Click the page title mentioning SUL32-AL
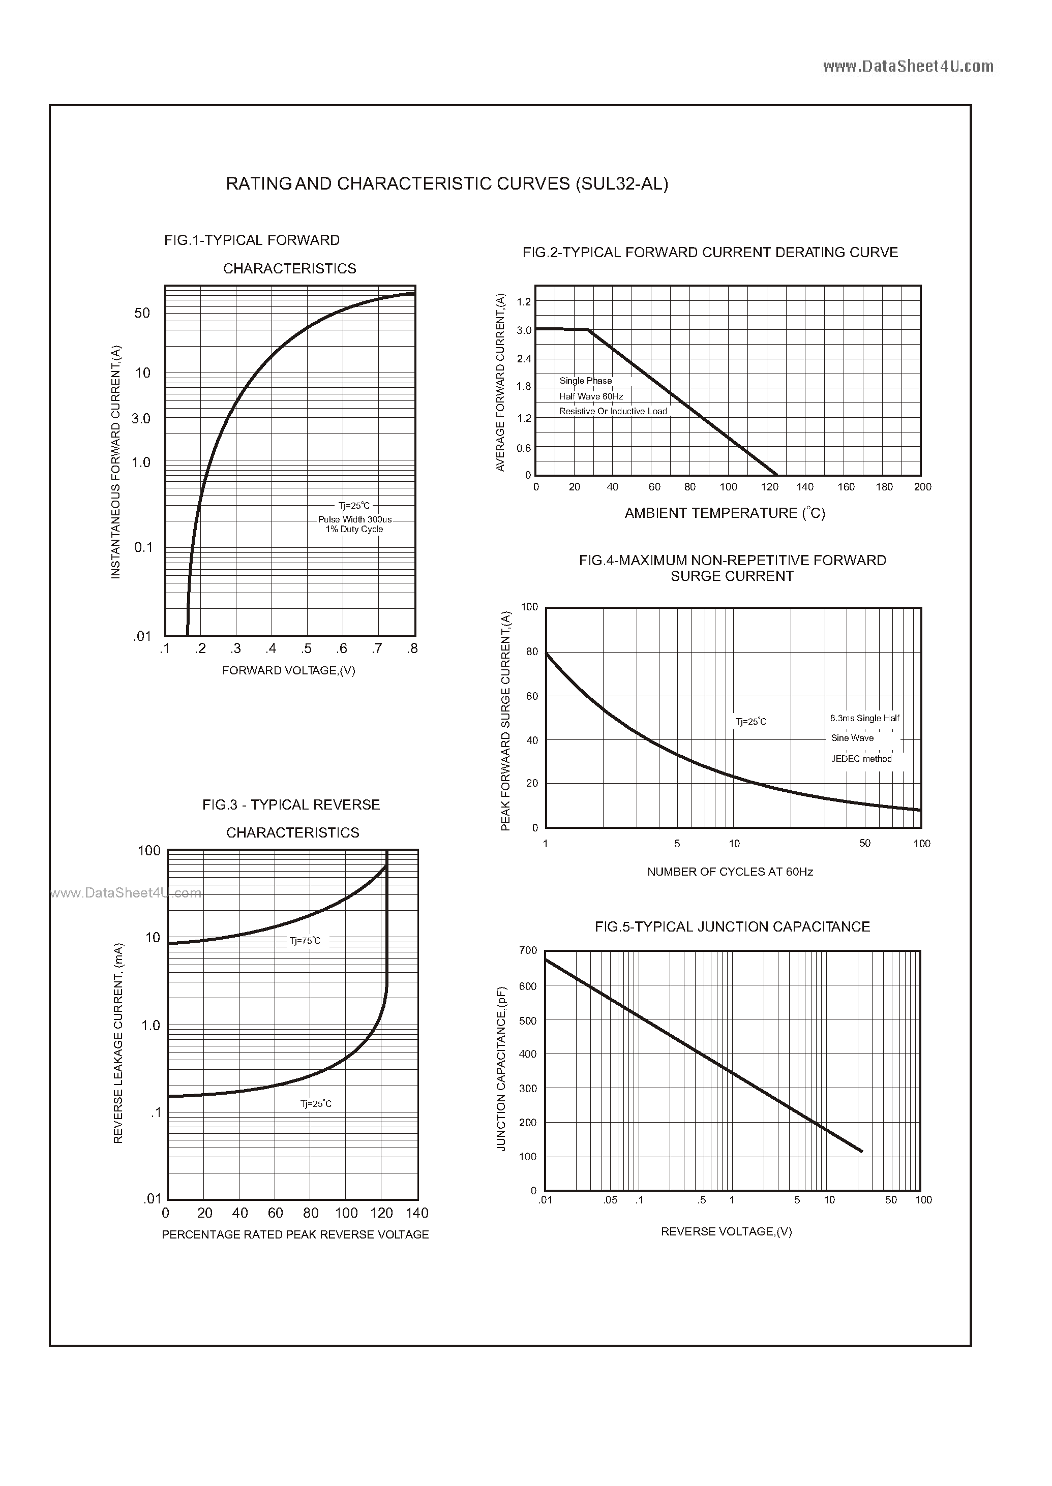tap(446, 184)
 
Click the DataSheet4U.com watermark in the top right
tap(908, 66)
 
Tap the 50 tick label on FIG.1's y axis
tap(142, 314)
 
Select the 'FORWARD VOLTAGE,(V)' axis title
tap(288, 671)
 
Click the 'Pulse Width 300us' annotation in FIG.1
tap(354, 519)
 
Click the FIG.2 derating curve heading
tap(710, 253)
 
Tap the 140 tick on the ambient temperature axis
tap(804, 487)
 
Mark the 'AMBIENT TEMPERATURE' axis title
tap(724, 513)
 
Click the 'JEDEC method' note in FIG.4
tap(861, 759)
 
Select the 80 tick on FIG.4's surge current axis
tap(532, 652)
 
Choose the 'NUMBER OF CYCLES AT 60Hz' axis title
tap(730, 872)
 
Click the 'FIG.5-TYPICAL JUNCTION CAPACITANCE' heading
tap(732, 927)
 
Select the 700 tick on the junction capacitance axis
tap(528, 950)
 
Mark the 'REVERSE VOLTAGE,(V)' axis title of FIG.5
tap(726, 1231)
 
